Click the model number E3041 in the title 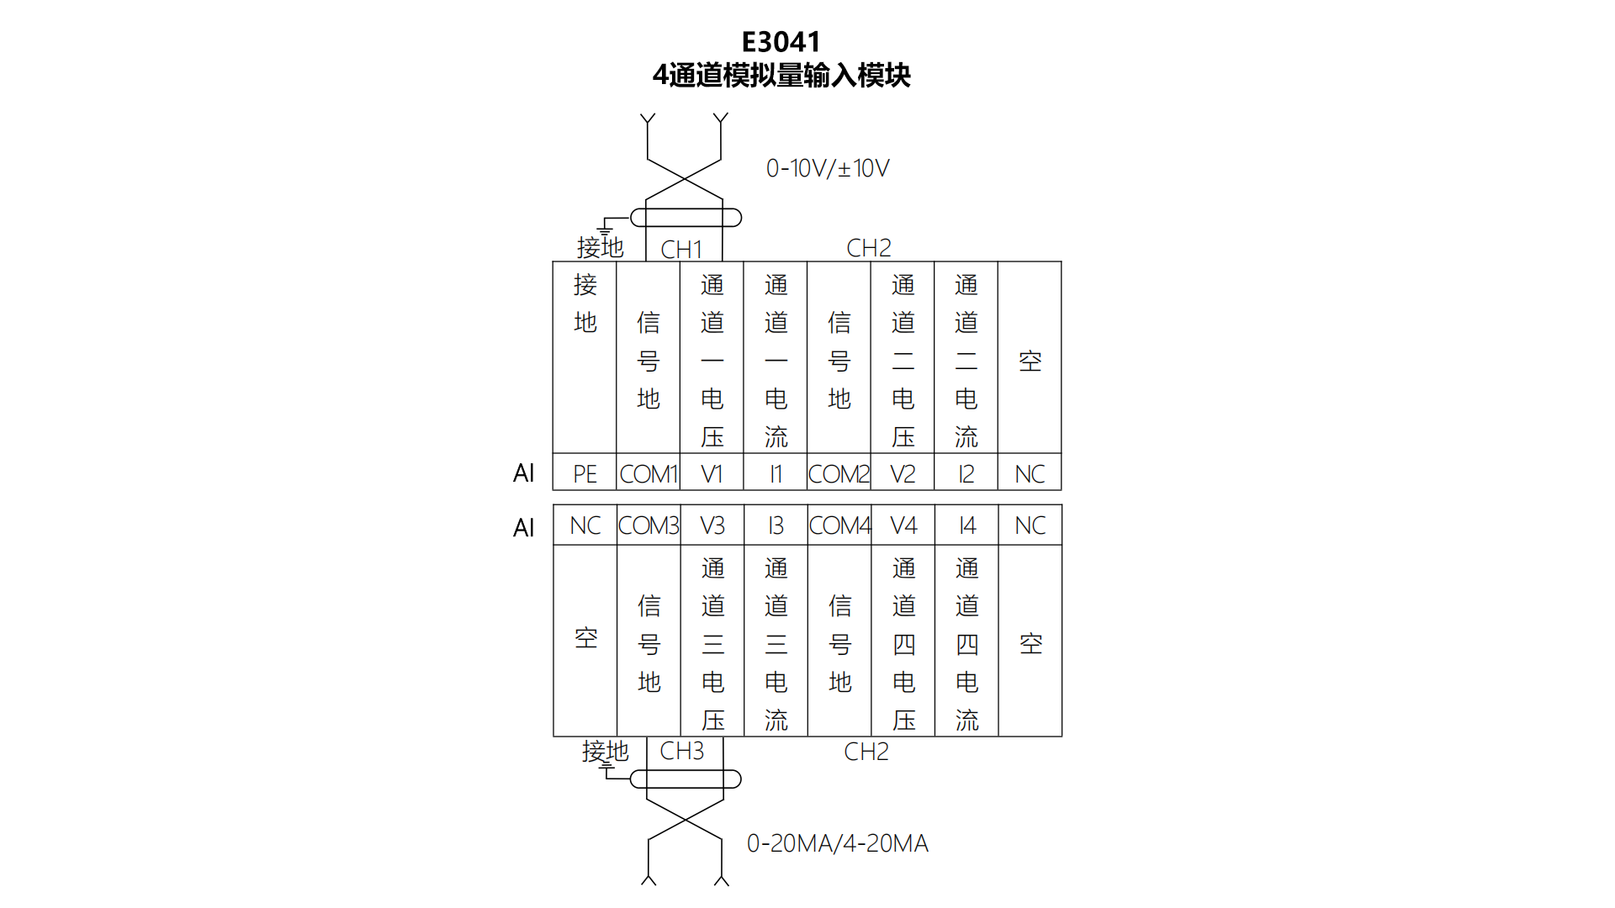781,42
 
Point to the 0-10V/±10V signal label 828,168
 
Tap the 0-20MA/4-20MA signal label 838,843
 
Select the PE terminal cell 585,474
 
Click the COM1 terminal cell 649,474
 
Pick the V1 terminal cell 712,474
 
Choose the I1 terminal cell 776,474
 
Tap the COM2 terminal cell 839,474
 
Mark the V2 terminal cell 903,474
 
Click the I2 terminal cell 966,474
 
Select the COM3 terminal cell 649,525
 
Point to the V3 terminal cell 712,525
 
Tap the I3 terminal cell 776,525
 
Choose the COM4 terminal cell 839,525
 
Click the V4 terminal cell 903,525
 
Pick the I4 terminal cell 967,525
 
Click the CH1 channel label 681,250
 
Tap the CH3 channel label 681,751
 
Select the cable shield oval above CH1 686,218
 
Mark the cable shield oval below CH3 686,779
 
